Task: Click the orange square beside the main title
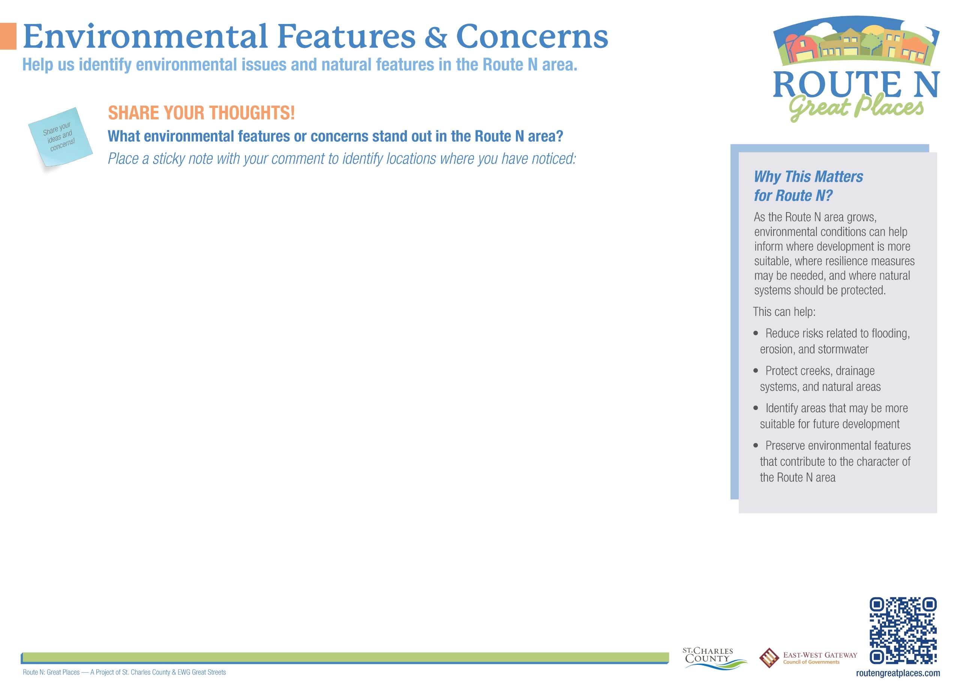(x=8, y=36)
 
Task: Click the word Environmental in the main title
(x=145, y=36)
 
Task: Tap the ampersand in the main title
(x=435, y=37)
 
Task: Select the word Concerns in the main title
(x=532, y=37)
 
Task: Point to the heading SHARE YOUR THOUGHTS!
(x=201, y=113)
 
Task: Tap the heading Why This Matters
(x=808, y=176)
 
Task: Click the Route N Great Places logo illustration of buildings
(x=856, y=42)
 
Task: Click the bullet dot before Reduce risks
(x=756, y=333)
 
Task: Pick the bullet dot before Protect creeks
(x=756, y=371)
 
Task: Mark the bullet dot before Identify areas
(x=756, y=408)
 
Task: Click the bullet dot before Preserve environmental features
(x=756, y=446)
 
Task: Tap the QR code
(x=903, y=631)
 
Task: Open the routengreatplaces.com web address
(x=898, y=673)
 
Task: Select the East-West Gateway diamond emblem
(x=769, y=658)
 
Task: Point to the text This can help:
(x=784, y=312)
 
